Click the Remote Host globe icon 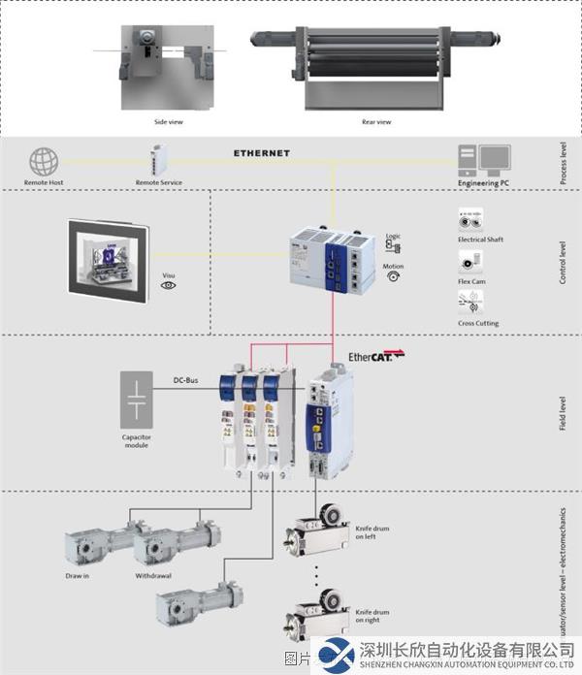(44, 162)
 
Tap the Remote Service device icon (159, 158)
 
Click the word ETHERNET (261, 153)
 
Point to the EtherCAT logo (376, 357)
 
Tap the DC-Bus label (186, 380)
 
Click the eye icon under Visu (169, 286)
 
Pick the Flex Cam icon (470, 262)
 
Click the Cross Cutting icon (470, 305)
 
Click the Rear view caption (376, 122)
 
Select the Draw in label (78, 575)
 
